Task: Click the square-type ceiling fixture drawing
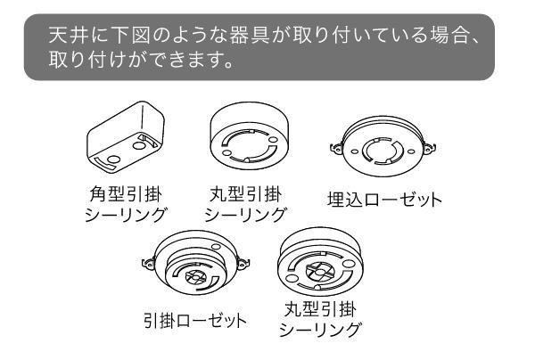[x=126, y=136]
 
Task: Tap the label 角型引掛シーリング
[x=125, y=205]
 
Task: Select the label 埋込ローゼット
[x=384, y=200]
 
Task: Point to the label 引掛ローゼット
[x=195, y=321]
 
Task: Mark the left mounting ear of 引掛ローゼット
[x=148, y=264]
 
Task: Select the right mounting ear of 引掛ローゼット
[x=243, y=263]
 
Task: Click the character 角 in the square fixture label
[x=99, y=194]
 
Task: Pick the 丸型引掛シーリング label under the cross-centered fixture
[x=320, y=319]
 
